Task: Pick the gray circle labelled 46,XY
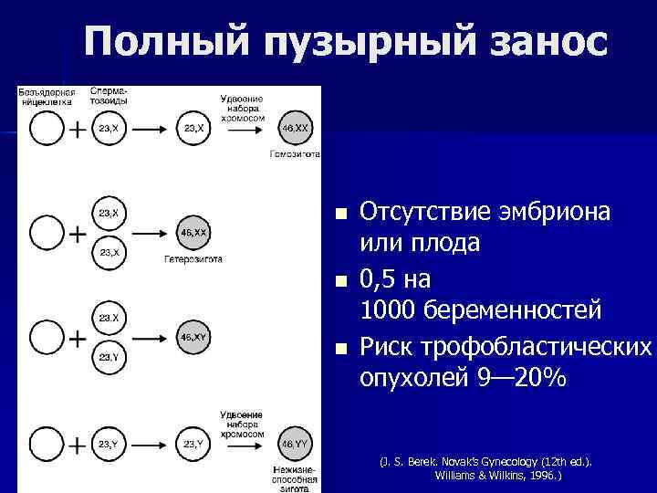(x=193, y=338)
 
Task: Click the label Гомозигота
(x=295, y=154)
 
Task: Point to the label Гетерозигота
(x=193, y=259)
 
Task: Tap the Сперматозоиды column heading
(x=109, y=96)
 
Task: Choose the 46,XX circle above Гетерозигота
(x=193, y=234)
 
